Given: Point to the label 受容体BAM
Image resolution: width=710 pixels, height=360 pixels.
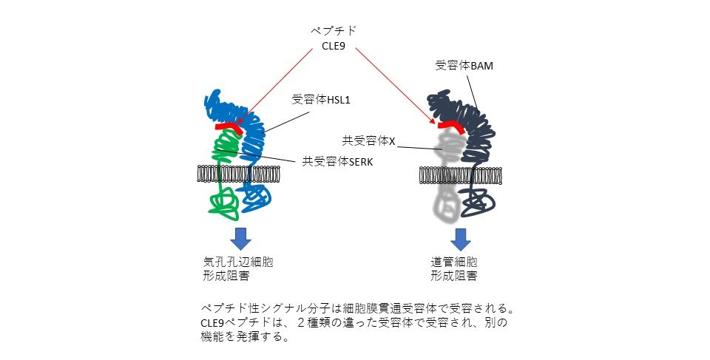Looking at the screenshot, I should point(463,66).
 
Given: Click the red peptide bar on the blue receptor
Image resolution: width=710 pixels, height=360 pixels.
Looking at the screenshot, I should point(229,127).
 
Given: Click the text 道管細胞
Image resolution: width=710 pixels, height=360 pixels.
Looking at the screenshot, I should point(454,262).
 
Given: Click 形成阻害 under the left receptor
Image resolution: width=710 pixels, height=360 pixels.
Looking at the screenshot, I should point(226,276).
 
